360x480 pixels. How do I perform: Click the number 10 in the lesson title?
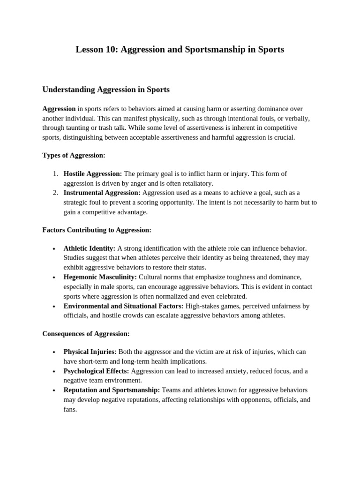(112, 49)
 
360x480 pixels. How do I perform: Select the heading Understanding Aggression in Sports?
(106, 89)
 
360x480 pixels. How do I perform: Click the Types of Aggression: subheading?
(74, 155)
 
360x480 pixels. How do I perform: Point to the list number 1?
(55, 174)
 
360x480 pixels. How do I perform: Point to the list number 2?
(55, 193)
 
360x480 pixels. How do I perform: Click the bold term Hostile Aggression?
(93, 174)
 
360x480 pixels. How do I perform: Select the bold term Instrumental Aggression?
(102, 193)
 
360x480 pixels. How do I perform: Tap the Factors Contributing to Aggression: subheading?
(97, 230)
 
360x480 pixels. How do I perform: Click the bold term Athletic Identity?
(89, 248)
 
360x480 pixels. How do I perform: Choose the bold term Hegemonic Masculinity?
(100, 277)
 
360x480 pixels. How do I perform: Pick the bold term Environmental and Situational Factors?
(123, 306)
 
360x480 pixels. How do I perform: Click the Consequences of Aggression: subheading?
(86, 334)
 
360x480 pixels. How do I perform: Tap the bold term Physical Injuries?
(90, 352)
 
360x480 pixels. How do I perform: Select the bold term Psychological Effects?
(96, 371)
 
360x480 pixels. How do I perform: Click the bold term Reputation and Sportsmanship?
(112, 390)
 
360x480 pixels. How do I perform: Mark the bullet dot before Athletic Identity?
(54, 249)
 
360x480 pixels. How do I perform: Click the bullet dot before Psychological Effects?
(54, 372)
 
